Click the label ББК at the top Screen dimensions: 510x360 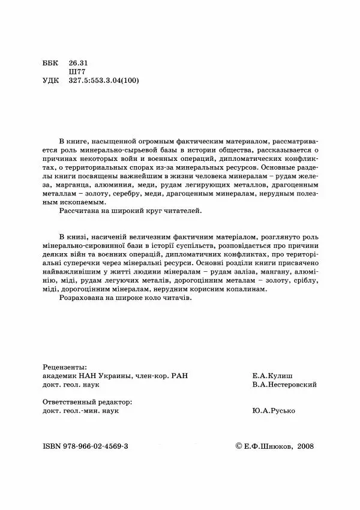point(52,62)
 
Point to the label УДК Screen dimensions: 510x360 point(52,80)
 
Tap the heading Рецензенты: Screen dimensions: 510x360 point(65,366)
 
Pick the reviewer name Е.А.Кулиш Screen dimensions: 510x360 point(274,376)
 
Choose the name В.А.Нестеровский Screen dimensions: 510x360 point(285,385)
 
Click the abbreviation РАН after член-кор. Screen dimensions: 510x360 point(179,376)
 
